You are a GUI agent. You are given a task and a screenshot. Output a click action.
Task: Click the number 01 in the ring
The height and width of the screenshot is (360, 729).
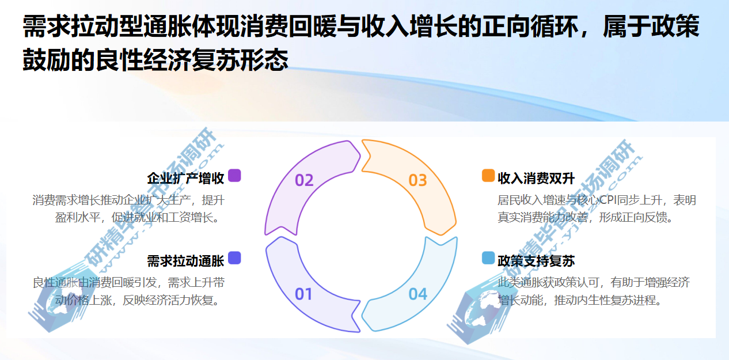[x=303, y=294]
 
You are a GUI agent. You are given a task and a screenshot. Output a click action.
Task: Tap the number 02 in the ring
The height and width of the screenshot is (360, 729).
[x=304, y=180]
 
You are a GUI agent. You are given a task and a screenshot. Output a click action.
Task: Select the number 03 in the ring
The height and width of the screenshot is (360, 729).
[x=417, y=180]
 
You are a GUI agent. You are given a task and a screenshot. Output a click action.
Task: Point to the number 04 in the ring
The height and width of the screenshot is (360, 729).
[x=418, y=294]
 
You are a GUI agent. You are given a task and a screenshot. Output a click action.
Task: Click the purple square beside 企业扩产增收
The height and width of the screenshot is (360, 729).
[x=234, y=176]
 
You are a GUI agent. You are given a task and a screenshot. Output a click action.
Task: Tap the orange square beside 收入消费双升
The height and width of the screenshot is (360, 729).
[x=488, y=176]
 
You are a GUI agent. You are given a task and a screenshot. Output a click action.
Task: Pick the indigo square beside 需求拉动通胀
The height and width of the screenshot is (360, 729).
[x=234, y=258]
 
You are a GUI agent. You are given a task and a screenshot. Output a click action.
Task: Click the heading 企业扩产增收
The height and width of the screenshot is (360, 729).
[x=185, y=178]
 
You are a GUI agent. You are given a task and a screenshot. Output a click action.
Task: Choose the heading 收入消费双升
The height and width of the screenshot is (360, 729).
[x=536, y=178]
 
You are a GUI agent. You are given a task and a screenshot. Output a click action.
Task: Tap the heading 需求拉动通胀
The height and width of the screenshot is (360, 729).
[x=185, y=261]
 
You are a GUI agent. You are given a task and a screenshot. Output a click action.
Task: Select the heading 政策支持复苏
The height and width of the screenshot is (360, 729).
[x=536, y=261]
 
